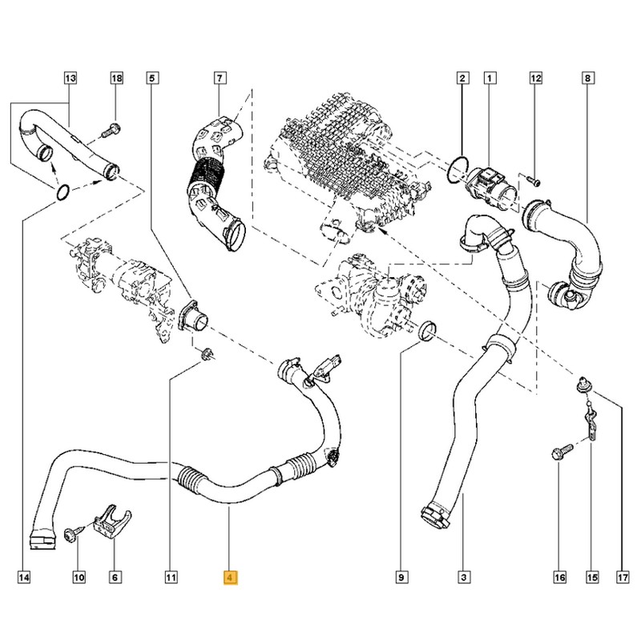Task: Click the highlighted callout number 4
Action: (x=230, y=575)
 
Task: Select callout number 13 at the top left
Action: (x=70, y=78)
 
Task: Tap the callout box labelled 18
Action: (x=116, y=78)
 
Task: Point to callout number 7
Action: (x=219, y=78)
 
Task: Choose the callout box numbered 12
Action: (x=536, y=78)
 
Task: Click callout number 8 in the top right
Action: (x=588, y=78)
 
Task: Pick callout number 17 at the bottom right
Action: (x=621, y=575)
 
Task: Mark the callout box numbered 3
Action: (x=462, y=575)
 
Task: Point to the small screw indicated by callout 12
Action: (x=534, y=181)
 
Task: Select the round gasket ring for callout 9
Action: (x=428, y=329)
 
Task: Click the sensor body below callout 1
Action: (x=490, y=179)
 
